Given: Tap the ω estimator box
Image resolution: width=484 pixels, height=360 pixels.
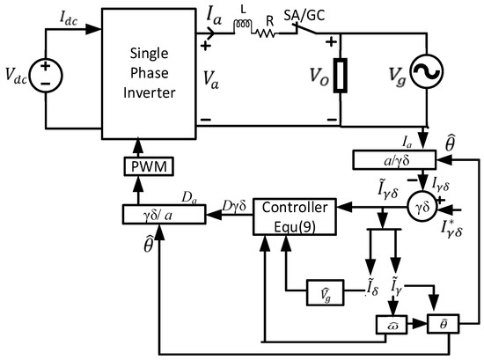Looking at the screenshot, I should [390, 325].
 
